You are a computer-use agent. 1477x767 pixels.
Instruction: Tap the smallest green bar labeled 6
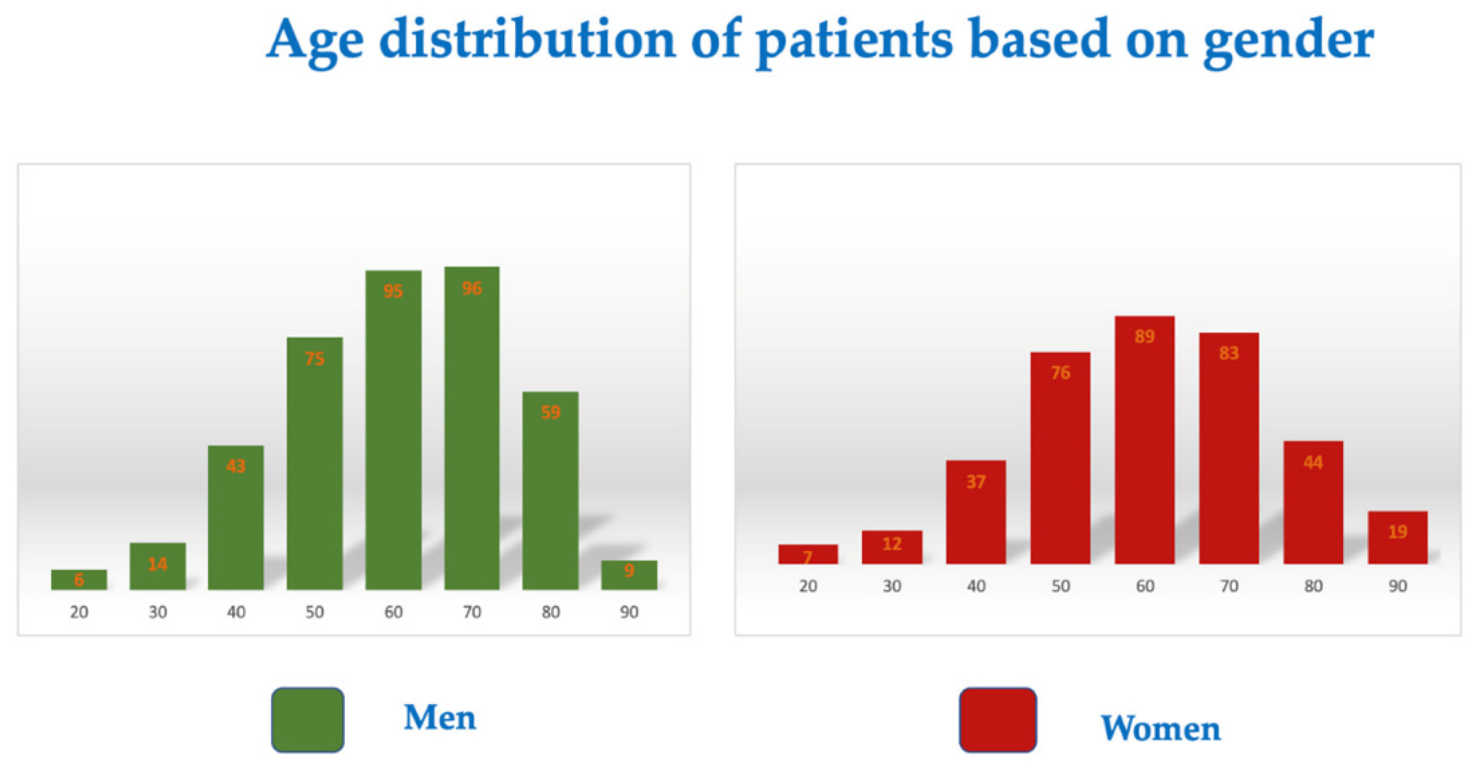[79, 580]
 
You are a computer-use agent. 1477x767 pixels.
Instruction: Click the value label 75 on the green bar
[314, 359]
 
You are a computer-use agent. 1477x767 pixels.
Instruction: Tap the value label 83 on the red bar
[1229, 353]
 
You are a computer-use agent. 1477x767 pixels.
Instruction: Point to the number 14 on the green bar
[157, 565]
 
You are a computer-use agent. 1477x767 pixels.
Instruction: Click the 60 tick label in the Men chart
[393, 612]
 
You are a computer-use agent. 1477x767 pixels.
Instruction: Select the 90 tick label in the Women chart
[1397, 586]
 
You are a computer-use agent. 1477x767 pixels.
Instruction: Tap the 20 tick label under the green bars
[79, 612]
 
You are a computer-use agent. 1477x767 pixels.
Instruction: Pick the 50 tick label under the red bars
[1060, 586]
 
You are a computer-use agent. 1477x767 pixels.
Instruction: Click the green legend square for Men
[308, 719]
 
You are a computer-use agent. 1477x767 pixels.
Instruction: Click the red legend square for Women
[998, 719]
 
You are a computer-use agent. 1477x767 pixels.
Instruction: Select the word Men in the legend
[440, 718]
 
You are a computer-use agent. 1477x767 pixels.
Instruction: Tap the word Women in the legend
[1161, 729]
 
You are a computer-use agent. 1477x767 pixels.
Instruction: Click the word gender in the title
[1288, 41]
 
